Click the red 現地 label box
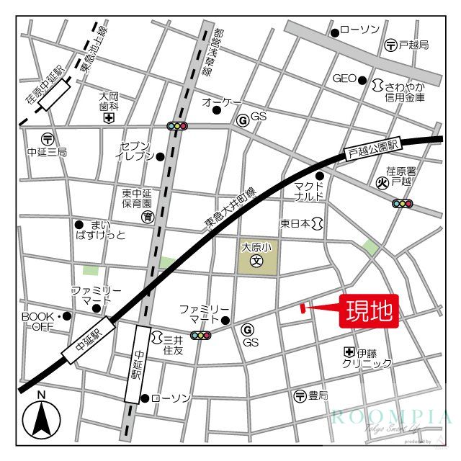click(x=370, y=310)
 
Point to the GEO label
click(x=344, y=79)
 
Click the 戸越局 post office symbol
click(x=390, y=45)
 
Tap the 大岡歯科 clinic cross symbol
click(x=108, y=117)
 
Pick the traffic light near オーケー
click(x=177, y=126)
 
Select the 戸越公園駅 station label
click(x=372, y=149)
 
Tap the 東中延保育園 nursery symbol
click(x=146, y=216)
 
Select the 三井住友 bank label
click(x=173, y=343)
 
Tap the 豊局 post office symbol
click(x=300, y=395)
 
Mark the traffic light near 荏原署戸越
click(x=402, y=204)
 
